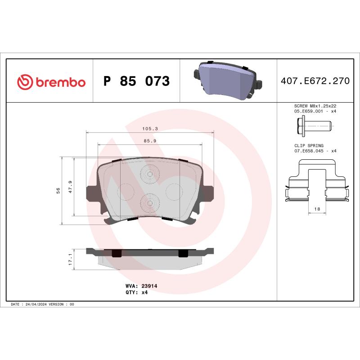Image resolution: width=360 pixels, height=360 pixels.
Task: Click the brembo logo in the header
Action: coord(51,82)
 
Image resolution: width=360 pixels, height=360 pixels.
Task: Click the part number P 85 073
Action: coord(136,82)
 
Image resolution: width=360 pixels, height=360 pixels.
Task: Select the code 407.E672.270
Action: coord(315,81)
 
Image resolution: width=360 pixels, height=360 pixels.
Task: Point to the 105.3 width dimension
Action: coord(150,129)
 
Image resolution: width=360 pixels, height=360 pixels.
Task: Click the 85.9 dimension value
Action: coord(150,141)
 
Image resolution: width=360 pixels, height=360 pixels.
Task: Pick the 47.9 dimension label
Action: coord(71,187)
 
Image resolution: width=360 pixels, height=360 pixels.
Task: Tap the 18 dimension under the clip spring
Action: coord(317,209)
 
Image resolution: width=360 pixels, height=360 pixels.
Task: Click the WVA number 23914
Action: coord(149,286)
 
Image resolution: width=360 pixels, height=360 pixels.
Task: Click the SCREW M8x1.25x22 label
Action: coord(315,105)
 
